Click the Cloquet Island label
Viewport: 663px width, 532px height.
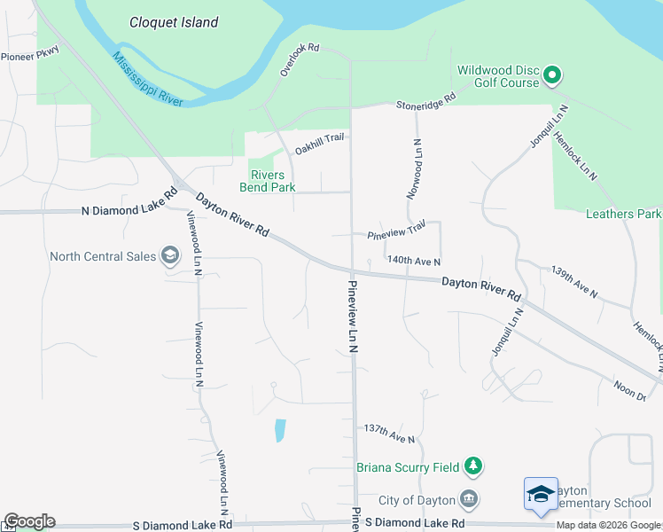174,22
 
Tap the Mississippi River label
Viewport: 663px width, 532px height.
147,79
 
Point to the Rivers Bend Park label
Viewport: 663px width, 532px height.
267,181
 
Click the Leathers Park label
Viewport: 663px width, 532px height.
623,214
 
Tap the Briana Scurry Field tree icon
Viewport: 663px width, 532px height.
474,466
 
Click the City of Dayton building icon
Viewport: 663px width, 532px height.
469,501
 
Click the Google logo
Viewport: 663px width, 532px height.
29,522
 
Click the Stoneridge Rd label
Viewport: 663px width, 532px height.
425,99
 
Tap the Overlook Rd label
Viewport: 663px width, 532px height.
299,59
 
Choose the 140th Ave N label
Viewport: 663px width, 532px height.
414,261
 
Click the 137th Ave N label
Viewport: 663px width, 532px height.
389,434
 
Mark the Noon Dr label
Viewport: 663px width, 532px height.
629,389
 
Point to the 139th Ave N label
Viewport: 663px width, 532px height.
574,281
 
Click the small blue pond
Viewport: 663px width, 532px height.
280,430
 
